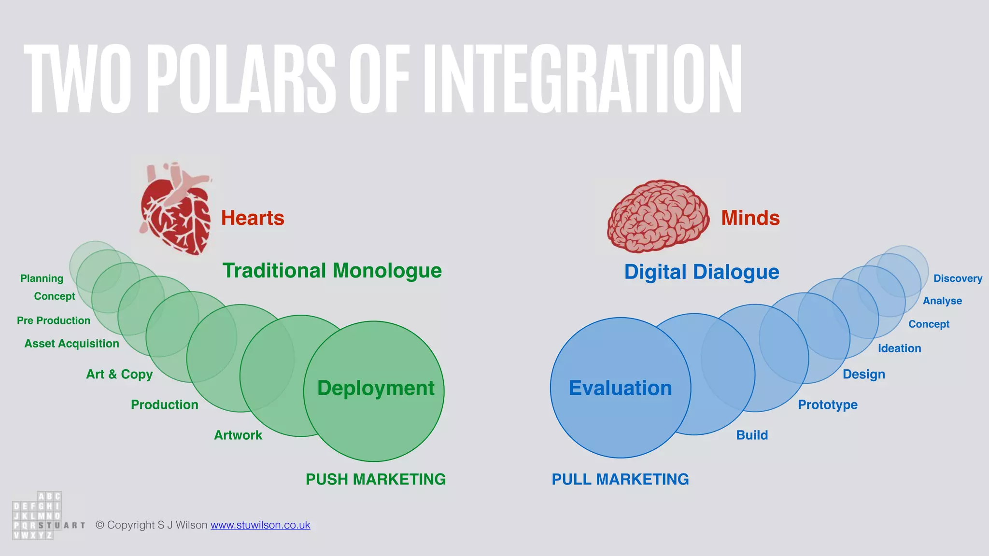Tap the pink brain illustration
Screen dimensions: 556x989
pyautogui.click(x=658, y=216)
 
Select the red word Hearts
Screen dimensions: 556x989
pyautogui.click(x=253, y=218)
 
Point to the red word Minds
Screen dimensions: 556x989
pyautogui.click(x=750, y=218)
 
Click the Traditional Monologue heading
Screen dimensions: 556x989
pyautogui.click(x=332, y=271)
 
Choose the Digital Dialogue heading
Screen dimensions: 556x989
pyautogui.click(x=701, y=272)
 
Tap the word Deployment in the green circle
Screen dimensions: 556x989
pyautogui.click(x=376, y=388)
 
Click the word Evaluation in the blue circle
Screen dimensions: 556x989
pyautogui.click(x=620, y=388)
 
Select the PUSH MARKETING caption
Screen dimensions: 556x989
pyautogui.click(x=376, y=479)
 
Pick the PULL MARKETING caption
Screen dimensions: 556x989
pyautogui.click(x=620, y=479)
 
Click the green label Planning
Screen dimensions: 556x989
pyautogui.click(x=42, y=278)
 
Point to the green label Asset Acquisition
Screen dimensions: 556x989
pyautogui.click(x=71, y=344)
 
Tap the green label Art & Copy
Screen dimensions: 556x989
pyautogui.click(x=119, y=374)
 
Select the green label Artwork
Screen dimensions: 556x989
pyautogui.click(x=238, y=435)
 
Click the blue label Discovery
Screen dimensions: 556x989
pyautogui.click(x=958, y=278)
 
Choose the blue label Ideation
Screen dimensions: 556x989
pyautogui.click(x=899, y=348)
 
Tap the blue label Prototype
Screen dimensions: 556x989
pyautogui.click(x=827, y=405)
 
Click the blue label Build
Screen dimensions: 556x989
pyautogui.click(x=752, y=435)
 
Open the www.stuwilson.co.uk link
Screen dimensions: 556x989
pyautogui.click(x=260, y=525)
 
